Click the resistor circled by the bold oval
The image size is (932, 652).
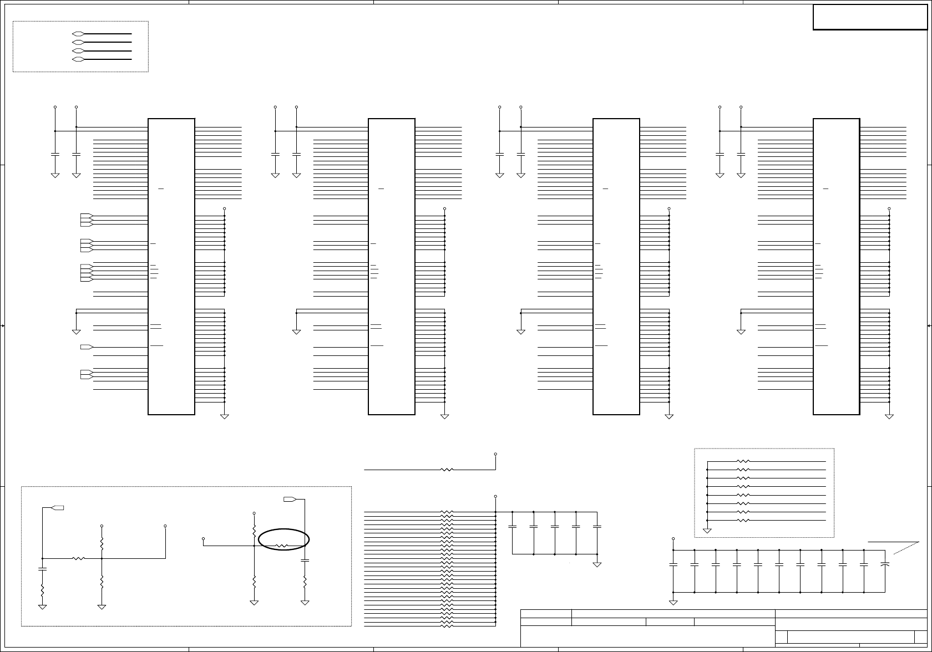282,546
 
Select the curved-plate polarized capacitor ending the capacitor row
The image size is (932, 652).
885,564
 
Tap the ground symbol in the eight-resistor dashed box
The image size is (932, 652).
707,530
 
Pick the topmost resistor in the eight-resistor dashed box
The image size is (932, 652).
743,461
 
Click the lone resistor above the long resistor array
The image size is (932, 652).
447,470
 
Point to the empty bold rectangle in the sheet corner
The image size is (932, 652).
870,17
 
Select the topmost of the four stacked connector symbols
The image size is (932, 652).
78,34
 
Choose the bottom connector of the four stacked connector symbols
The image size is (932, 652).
78,59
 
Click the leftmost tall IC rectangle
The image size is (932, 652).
171,266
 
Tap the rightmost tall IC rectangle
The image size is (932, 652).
836,266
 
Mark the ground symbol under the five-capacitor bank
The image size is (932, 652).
597,564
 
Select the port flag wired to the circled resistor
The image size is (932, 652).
289,500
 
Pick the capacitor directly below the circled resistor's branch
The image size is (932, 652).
305,561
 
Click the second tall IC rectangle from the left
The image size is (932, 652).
392,266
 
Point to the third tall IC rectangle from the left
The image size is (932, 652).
616,266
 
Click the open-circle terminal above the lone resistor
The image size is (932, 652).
495,454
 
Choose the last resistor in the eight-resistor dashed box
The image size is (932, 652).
743,521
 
